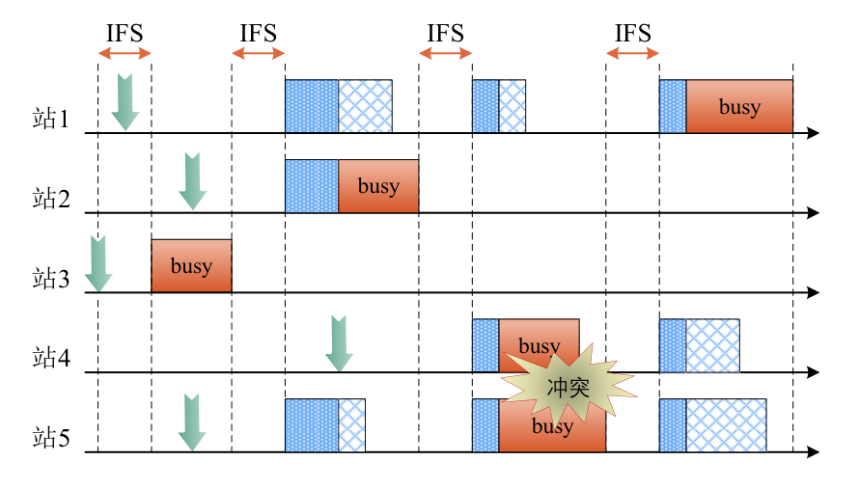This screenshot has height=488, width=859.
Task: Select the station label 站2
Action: [x=51, y=200]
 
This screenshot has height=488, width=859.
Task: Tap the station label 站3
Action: [x=51, y=280]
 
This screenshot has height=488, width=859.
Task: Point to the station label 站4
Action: [x=51, y=360]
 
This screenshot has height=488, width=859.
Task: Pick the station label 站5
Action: [x=51, y=440]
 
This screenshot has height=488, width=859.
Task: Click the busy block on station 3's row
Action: [x=191, y=266]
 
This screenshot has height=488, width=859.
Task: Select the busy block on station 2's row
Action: [x=378, y=186]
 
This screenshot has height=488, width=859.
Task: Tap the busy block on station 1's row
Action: [x=739, y=106]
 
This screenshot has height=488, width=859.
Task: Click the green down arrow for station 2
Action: [x=193, y=181]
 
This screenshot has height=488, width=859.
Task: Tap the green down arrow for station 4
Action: [x=338, y=342]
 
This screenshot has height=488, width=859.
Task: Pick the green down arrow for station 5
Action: [x=192, y=422]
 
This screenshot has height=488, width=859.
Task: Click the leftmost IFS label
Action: [x=125, y=34]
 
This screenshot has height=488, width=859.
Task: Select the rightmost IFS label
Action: [x=633, y=34]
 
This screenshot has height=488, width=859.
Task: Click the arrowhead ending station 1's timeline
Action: [x=813, y=133]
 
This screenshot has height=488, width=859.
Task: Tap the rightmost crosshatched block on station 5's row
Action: [x=726, y=425]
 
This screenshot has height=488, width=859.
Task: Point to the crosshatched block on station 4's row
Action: [x=712, y=345]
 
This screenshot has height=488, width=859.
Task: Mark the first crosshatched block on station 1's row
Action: [x=366, y=106]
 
